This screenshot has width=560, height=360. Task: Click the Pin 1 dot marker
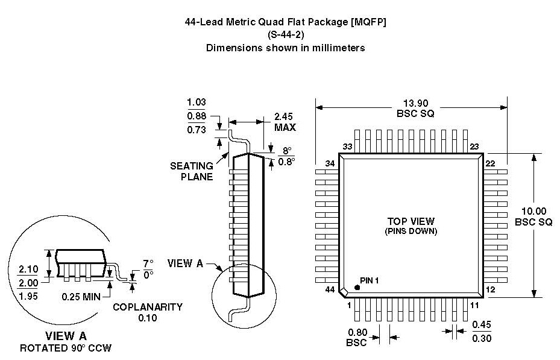pos(357,288)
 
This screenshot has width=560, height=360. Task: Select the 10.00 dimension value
pos(533,211)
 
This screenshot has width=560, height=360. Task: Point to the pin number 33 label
pos(347,147)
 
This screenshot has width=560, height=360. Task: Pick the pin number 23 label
pos(474,147)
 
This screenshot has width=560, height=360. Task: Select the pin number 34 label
pos(330,164)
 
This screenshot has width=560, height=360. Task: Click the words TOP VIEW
pos(411,221)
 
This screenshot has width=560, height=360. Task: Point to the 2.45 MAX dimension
pos(285,122)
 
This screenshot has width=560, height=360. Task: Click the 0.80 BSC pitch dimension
pos(357,337)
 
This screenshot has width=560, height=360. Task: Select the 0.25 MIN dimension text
pos(81,296)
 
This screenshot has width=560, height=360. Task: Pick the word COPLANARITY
pos(148,306)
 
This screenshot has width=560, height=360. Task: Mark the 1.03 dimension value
pos(197,103)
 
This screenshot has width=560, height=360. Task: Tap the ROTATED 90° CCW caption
pos(66,348)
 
